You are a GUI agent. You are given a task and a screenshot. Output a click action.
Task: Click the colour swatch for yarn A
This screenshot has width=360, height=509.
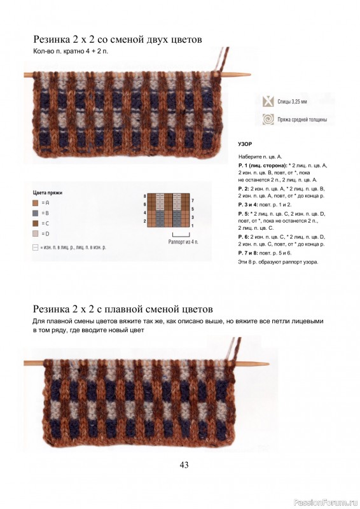point(36,202)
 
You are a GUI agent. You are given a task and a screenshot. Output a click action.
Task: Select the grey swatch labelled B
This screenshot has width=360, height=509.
point(36,213)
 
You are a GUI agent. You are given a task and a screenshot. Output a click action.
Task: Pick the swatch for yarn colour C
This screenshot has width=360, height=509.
point(36,223)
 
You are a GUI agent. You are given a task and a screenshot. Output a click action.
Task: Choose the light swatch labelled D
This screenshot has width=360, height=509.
point(36,234)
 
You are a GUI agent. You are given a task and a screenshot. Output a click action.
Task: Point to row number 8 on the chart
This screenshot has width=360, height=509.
point(145,196)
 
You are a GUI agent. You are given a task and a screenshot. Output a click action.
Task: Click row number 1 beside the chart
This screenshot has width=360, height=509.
point(193,225)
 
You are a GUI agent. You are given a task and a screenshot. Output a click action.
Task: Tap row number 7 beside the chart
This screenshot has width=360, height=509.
point(193,200)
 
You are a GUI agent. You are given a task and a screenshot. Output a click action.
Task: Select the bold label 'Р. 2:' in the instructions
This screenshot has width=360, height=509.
point(244,188)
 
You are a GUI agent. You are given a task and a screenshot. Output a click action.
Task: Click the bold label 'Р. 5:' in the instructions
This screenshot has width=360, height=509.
point(244,213)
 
